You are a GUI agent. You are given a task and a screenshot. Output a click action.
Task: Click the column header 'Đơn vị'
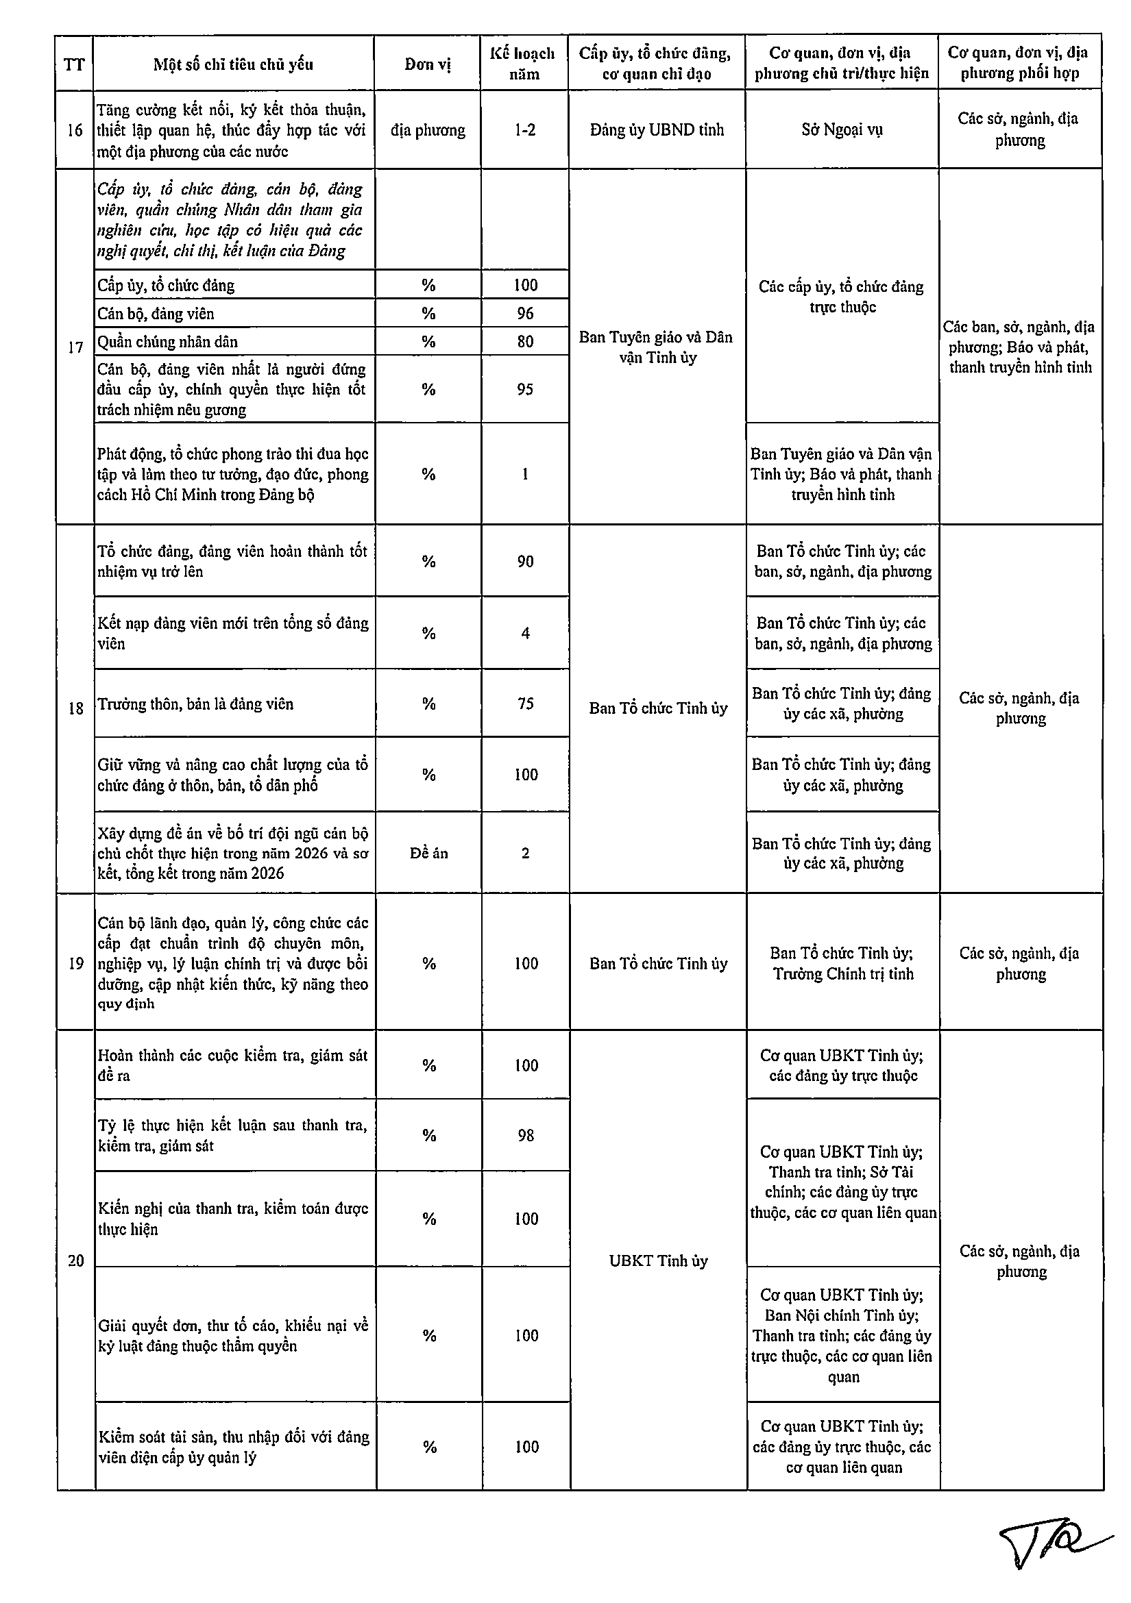(428, 64)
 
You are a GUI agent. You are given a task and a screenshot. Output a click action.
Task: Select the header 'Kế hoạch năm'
(524, 64)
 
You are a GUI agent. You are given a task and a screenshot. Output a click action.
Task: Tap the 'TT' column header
(74, 65)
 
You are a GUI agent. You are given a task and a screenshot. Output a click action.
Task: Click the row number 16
(75, 131)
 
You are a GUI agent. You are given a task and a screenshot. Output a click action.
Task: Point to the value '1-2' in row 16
(524, 130)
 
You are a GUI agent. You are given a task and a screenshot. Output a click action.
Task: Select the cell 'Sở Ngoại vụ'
(842, 130)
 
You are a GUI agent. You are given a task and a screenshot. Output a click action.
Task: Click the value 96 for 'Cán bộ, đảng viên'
(525, 314)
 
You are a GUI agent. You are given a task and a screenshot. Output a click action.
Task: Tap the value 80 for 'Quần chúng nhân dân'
(525, 341)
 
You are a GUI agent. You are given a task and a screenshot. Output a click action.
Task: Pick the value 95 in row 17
(525, 389)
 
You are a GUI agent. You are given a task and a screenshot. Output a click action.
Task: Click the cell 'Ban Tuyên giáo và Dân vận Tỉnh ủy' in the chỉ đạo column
(657, 347)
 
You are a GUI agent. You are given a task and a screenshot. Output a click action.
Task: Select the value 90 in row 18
(525, 561)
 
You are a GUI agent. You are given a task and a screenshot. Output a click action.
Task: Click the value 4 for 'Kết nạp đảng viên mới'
(525, 633)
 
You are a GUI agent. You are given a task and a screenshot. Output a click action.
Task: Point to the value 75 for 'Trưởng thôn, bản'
(525, 704)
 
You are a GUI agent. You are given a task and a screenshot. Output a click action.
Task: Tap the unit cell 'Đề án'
(428, 852)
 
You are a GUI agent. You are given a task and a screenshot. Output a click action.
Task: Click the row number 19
(75, 963)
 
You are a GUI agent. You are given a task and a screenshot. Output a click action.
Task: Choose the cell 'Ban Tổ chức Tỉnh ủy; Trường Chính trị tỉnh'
(842, 963)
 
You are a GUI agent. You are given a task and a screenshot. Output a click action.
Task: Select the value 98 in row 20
(526, 1136)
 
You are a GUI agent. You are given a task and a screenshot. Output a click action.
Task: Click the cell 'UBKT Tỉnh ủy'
(658, 1261)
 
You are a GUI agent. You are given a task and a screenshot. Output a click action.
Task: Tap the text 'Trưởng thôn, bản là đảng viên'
(195, 704)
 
